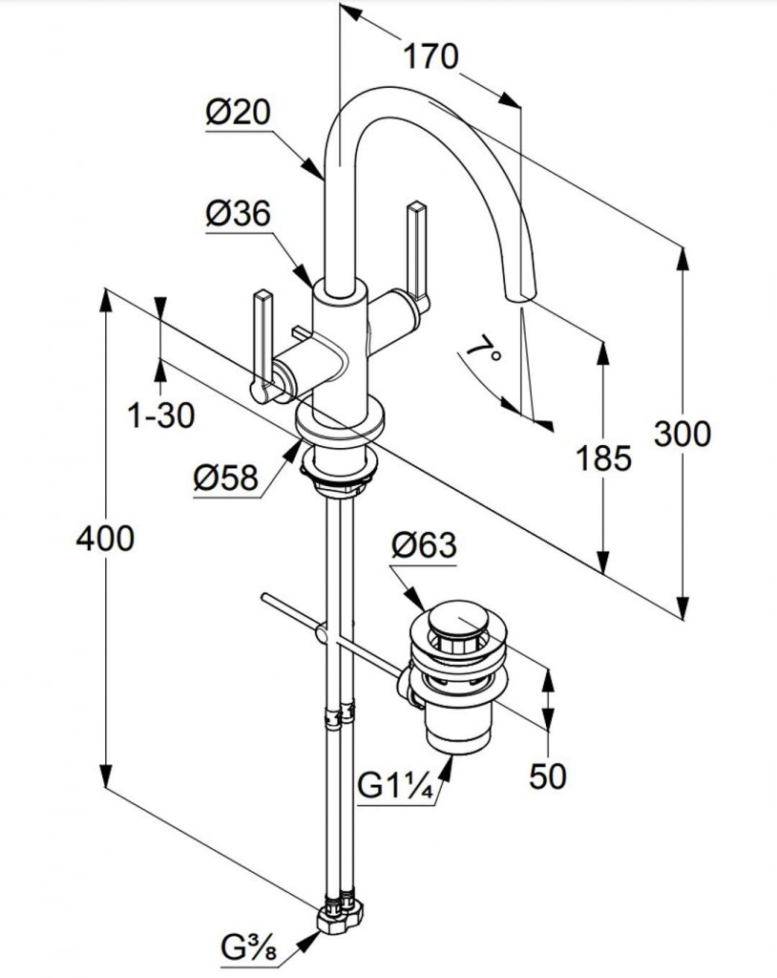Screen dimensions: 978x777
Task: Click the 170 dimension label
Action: click(x=429, y=57)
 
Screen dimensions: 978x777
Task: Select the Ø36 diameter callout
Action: click(x=238, y=215)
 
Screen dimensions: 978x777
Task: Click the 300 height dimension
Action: click(x=682, y=435)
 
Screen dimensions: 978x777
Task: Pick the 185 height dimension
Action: click(x=604, y=458)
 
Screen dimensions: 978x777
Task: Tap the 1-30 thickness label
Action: click(x=159, y=415)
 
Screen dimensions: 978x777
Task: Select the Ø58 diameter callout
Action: click(x=225, y=478)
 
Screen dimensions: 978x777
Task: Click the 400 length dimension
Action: click(x=105, y=540)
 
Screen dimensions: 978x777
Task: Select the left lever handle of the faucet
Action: click(x=262, y=344)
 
